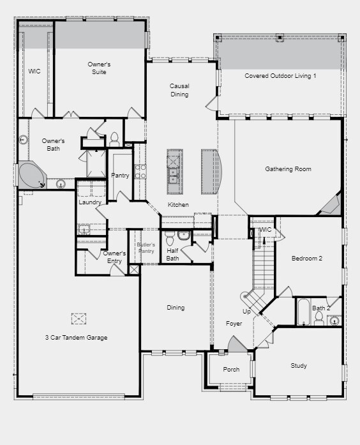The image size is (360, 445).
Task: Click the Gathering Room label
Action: [288, 169]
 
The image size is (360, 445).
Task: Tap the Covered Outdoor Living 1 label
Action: [280, 76]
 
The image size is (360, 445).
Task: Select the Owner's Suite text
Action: [99, 68]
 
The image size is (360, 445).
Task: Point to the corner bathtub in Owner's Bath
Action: [32, 176]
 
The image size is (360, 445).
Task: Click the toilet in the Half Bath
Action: [170, 238]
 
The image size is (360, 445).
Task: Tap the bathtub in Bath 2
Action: [304, 312]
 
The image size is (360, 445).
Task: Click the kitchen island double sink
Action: [173, 176]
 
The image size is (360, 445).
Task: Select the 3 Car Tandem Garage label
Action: [77, 338]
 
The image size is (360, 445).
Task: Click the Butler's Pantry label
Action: [146, 248]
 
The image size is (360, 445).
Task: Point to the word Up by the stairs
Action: [246, 312]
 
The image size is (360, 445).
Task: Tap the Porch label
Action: [231, 370]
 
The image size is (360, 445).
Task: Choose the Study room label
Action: [299, 366]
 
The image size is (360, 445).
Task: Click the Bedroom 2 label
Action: [307, 259]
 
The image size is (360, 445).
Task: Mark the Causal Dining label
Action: [179, 90]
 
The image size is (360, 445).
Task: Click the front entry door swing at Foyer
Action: [237, 343]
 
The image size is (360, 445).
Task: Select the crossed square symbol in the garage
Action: [79, 319]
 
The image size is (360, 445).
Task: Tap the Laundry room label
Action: [90, 202]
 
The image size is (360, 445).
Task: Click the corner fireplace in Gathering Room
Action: [331, 204]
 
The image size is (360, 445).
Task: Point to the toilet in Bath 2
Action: [319, 318]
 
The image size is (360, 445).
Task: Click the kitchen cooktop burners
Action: [140, 172]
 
